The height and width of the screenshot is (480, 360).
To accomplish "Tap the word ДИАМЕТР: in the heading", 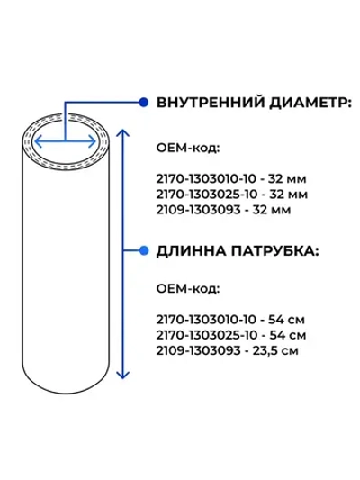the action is pyautogui.click(x=310, y=104).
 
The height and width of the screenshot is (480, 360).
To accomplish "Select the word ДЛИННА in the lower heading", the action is pyautogui.click(x=191, y=251).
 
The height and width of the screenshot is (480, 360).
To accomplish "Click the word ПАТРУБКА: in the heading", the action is pyautogui.click(x=275, y=251).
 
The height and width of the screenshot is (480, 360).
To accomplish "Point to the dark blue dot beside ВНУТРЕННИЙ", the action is pyautogui.click(x=143, y=103).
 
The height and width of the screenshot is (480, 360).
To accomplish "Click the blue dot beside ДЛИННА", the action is pyautogui.click(x=143, y=250).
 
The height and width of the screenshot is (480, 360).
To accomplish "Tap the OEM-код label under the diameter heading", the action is pyautogui.click(x=188, y=149).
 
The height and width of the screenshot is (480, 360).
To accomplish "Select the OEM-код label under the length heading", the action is pyautogui.click(x=188, y=289).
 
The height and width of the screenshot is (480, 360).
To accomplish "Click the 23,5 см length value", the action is pyautogui.click(x=275, y=351).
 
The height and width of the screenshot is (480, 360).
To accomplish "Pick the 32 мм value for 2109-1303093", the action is pyautogui.click(x=272, y=210).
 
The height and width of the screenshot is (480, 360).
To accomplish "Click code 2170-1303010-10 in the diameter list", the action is pyautogui.click(x=206, y=179).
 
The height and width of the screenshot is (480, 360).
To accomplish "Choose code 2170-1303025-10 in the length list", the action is pyautogui.click(x=207, y=335).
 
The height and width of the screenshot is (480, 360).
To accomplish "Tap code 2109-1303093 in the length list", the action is pyautogui.click(x=199, y=351).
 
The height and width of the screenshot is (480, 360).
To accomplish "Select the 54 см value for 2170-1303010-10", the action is pyautogui.click(x=286, y=320).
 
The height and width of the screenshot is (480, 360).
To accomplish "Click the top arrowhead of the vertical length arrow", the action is pyautogui.click(x=122, y=133).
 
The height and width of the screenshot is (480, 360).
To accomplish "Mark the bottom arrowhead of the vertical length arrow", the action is pyautogui.click(x=122, y=375).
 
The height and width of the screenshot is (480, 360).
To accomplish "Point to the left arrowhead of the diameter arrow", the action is pyautogui.click(x=38, y=141).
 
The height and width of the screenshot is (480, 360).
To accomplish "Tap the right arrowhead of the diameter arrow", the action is pyautogui.click(x=93, y=141).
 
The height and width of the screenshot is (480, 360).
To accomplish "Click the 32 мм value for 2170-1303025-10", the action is pyautogui.click(x=288, y=195).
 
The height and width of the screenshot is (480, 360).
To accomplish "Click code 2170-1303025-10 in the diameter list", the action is pyautogui.click(x=207, y=195).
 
